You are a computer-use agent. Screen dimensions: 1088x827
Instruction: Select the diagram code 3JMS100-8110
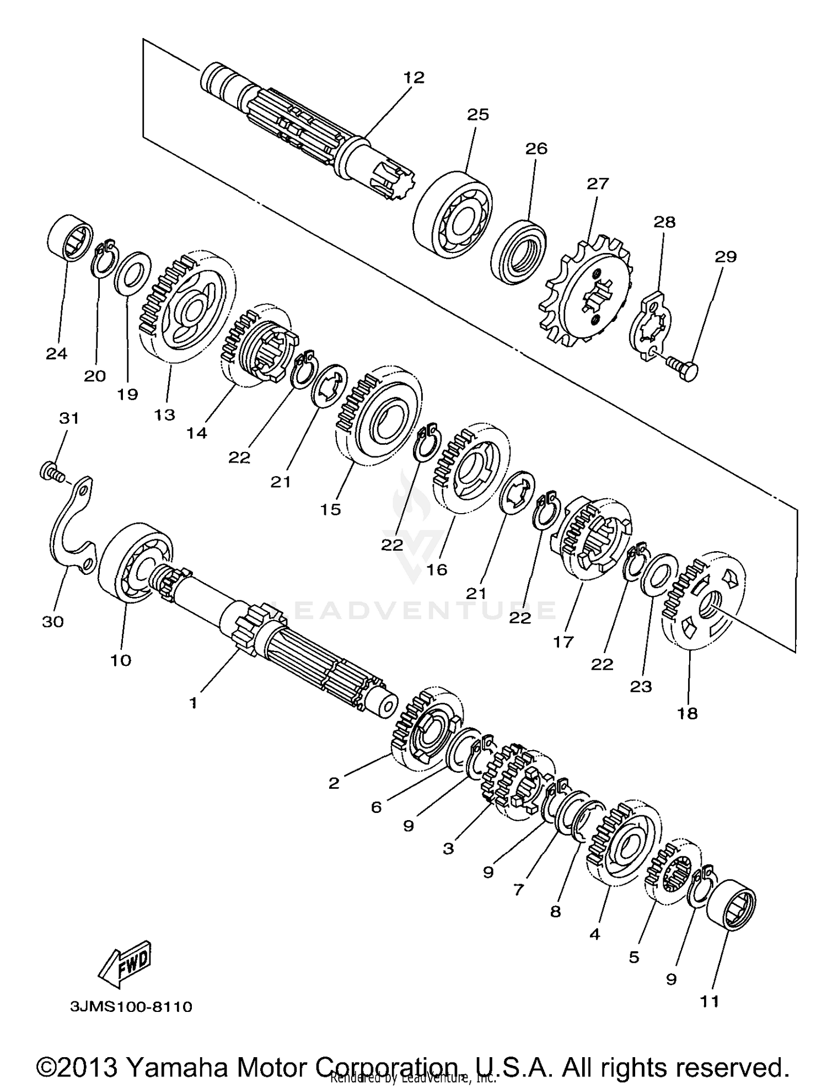(131, 1007)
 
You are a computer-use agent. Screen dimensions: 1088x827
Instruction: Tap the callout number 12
(413, 78)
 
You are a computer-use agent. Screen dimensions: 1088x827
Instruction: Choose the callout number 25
(478, 115)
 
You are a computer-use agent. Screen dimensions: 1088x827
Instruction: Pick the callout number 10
(121, 660)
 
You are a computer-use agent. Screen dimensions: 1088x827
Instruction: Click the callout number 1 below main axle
(193, 703)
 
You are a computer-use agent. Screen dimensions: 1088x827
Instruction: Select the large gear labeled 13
(187, 309)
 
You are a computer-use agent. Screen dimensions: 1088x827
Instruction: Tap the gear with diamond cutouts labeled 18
(706, 601)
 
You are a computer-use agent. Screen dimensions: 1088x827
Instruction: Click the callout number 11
(710, 1001)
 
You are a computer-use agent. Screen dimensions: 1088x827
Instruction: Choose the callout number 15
(331, 510)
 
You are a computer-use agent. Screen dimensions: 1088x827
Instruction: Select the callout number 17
(563, 642)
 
